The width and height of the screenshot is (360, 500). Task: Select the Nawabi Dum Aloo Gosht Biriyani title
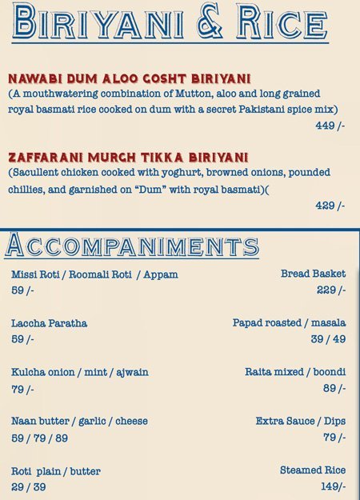pyautogui.click(x=130, y=78)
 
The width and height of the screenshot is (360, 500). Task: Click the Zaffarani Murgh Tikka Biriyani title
pyautogui.click(x=128, y=156)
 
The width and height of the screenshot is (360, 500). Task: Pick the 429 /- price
pyautogui.click(x=330, y=206)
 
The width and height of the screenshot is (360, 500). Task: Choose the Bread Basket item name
pyautogui.click(x=313, y=274)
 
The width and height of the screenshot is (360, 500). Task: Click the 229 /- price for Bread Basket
pyautogui.click(x=330, y=290)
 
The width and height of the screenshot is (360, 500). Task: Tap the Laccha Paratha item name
pyautogui.click(x=49, y=323)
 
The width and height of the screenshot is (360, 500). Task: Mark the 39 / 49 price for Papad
pyautogui.click(x=328, y=339)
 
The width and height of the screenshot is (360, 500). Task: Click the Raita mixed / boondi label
pyautogui.click(x=295, y=372)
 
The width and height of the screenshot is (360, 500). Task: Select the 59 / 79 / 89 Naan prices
pyautogui.click(x=39, y=438)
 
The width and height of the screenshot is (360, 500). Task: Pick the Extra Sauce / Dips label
pyautogui.click(x=301, y=421)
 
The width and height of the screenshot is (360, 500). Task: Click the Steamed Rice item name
pyautogui.click(x=313, y=470)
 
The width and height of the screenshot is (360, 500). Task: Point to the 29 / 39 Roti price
pyautogui.click(x=28, y=487)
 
